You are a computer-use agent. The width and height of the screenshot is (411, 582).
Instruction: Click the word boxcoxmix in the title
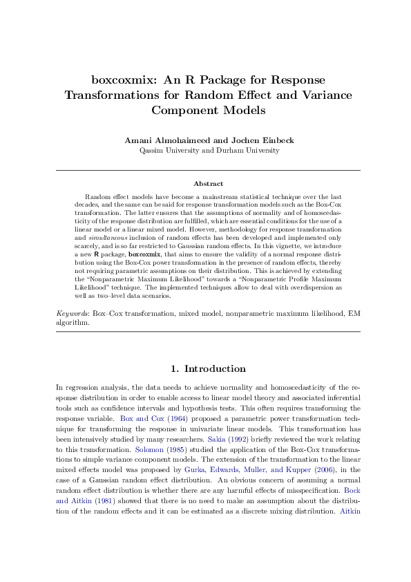(122, 79)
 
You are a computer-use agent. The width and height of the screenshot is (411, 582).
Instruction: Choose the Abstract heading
(208, 184)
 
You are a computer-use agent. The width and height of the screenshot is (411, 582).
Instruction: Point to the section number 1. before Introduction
(175, 368)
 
